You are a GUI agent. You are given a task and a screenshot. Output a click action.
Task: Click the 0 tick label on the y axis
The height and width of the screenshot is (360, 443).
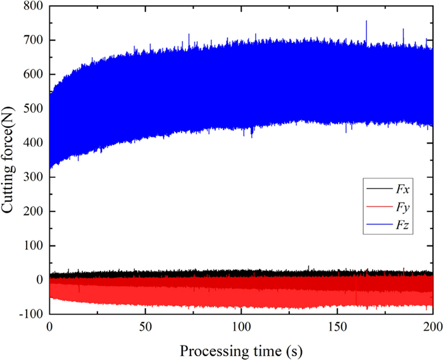(39, 280)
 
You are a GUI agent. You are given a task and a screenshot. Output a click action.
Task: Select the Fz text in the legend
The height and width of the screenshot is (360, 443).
(404, 225)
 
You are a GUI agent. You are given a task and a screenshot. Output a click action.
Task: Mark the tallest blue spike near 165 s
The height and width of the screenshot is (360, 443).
(366, 23)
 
